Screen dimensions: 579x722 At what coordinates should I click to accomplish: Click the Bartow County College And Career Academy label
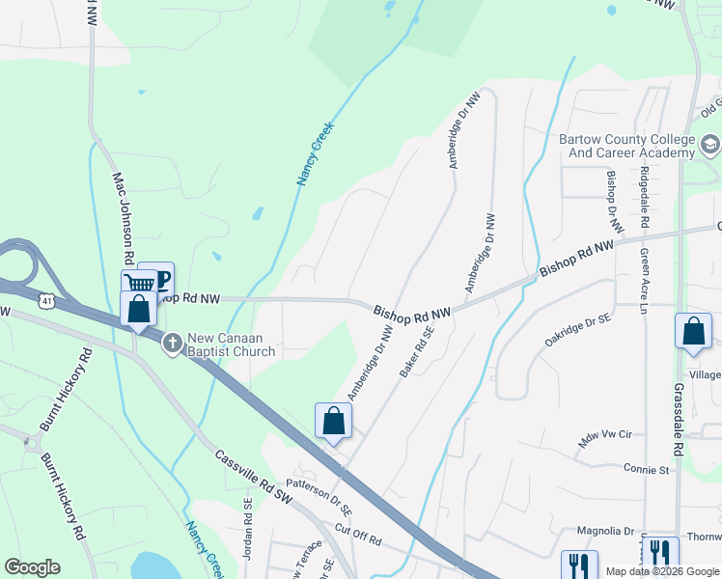pyautogui.click(x=626, y=146)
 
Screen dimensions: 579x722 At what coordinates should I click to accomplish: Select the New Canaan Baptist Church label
pyautogui.click(x=232, y=345)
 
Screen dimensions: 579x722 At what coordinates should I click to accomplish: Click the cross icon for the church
pyautogui.click(x=172, y=343)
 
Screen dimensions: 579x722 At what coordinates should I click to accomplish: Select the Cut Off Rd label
pyautogui.click(x=359, y=535)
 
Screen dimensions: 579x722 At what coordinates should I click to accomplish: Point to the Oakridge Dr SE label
pyautogui.click(x=577, y=329)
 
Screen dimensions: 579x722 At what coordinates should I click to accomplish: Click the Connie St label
pyautogui.click(x=646, y=470)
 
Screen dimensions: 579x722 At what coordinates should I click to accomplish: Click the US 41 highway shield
pyautogui.click(x=45, y=301)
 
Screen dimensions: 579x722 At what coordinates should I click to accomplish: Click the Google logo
pyautogui.click(x=33, y=567)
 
